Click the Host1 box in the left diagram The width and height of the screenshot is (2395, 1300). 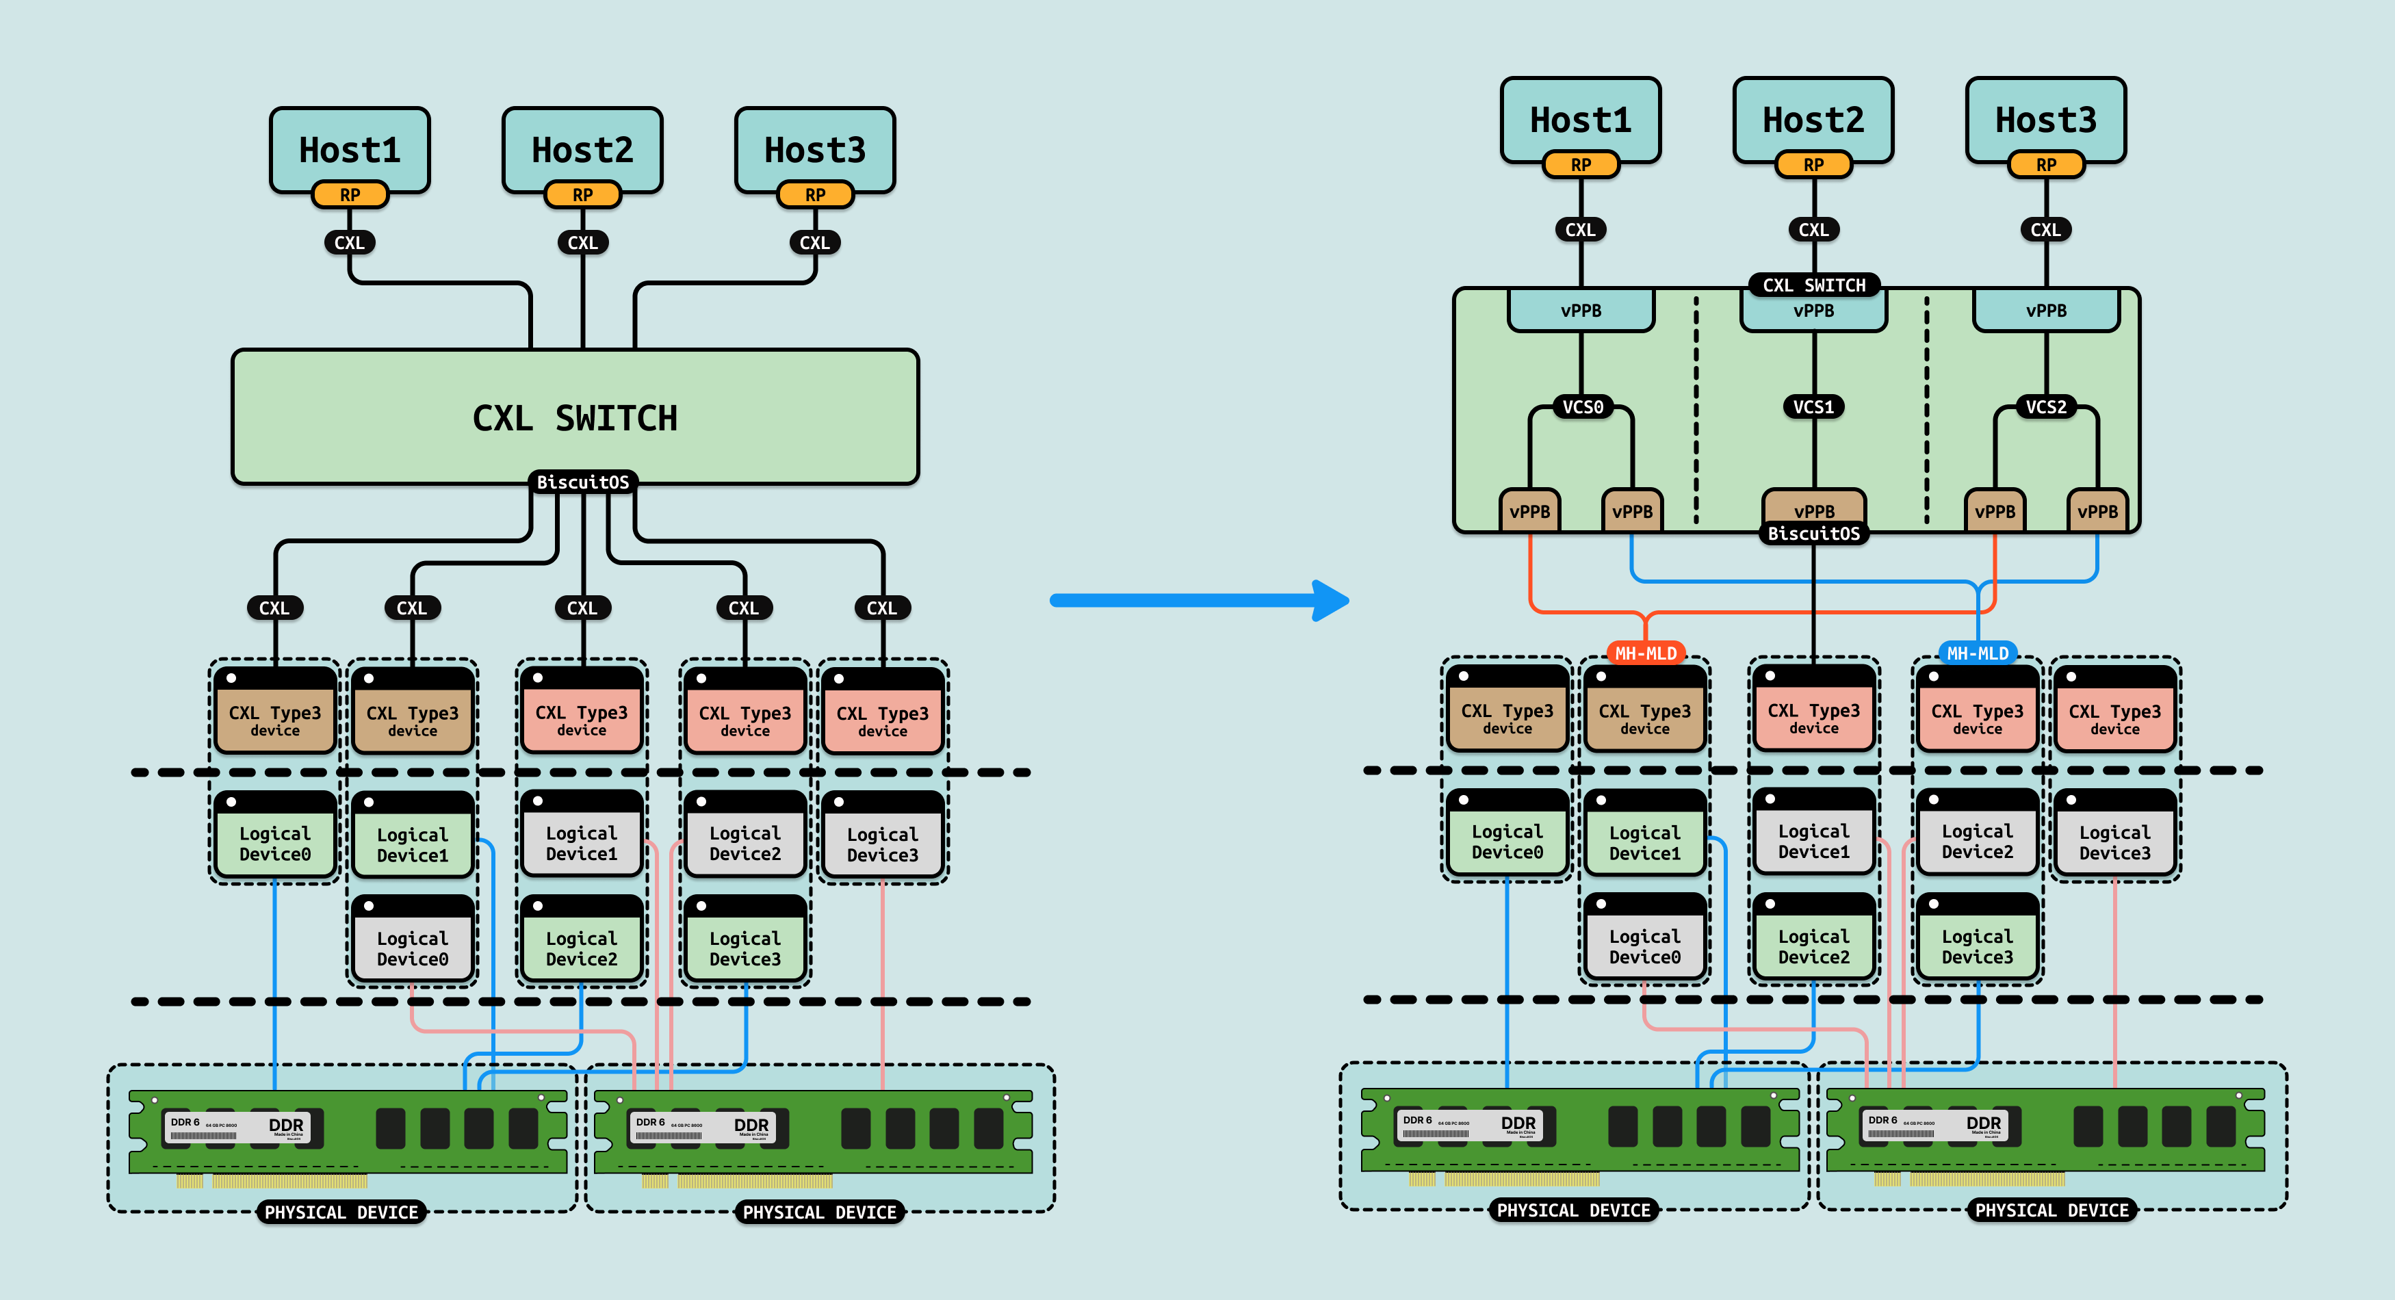click(350, 148)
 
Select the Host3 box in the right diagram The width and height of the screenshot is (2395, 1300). click(2045, 119)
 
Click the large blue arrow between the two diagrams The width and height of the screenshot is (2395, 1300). click(1200, 600)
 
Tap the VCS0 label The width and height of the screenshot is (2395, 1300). click(1581, 406)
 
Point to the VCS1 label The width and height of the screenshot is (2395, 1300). click(1813, 406)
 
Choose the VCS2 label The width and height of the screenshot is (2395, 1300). click(2045, 406)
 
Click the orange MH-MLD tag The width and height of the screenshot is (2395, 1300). click(1645, 653)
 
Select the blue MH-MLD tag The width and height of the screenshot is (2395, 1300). click(1978, 653)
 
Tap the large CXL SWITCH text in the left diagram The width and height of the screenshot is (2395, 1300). click(575, 419)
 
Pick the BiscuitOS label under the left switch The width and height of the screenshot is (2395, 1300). click(583, 482)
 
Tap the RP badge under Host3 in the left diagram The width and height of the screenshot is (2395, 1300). click(814, 194)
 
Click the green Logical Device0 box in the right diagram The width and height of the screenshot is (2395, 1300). click(1507, 841)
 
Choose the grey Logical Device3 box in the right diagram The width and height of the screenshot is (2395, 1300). click(2114, 842)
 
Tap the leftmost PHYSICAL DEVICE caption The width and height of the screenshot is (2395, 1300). click(341, 1212)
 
